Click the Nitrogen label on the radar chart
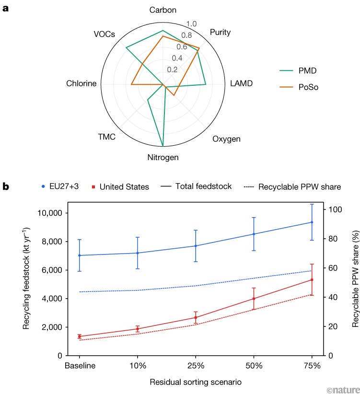pyautogui.click(x=163, y=158)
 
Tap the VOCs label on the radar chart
pyautogui.click(x=104, y=34)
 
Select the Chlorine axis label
pyautogui.click(x=81, y=83)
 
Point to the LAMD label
pyautogui.click(x=241, y=83)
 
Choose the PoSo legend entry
pyautogui.click(x=299, y=87)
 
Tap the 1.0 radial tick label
pyautogui.click(x=191, y=24)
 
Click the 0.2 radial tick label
pyautogui.click(x=172, y=70)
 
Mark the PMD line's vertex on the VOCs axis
pyautogui.click(x=126, y=47)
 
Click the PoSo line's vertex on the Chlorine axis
pyautogui.click(x=131, y=84)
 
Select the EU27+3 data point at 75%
pyautogui.click(x=312, y=222)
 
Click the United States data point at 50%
pyautogui.click(x=254, y=299)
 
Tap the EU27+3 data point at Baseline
pyautogui.click(x=80, y=255)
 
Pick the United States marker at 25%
pyautogui.click(x=196, y=318)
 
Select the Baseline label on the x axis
pyautogui.click(x=80, y=366)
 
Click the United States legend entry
pyautogui.click(x=120, y=187)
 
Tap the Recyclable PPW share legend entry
pyautogui.click(x=292, y=187)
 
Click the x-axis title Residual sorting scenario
pyautogui.click(x=196, y=382)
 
